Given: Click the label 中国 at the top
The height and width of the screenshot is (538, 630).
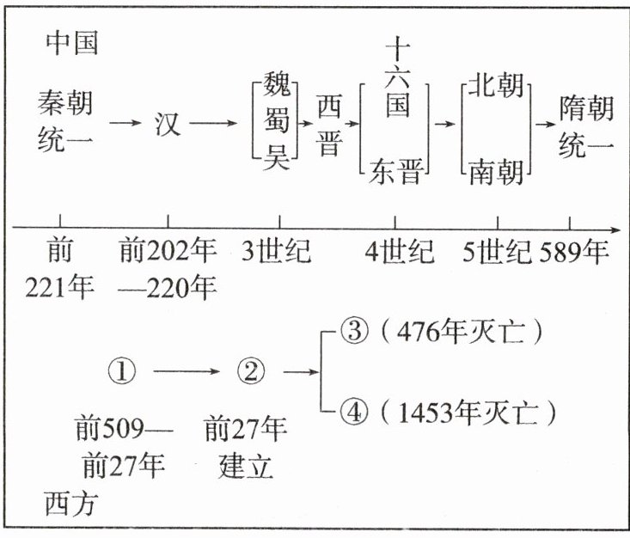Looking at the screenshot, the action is click(x=72, y=43).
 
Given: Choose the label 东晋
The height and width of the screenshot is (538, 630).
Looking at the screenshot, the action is click(x=396, y=172).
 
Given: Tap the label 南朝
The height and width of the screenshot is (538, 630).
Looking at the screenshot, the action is click(x=497, y=172).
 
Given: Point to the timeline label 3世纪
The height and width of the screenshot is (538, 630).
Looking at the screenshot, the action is click(x=277, y=253).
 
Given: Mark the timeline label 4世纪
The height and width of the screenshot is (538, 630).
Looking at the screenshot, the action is click(x=400, y=253).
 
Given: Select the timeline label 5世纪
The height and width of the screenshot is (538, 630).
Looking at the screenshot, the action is click(x=498, y=253).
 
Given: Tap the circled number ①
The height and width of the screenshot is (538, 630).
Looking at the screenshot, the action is click(x=123, y=372).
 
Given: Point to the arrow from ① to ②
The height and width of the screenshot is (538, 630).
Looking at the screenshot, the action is click(x=186, y=372).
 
